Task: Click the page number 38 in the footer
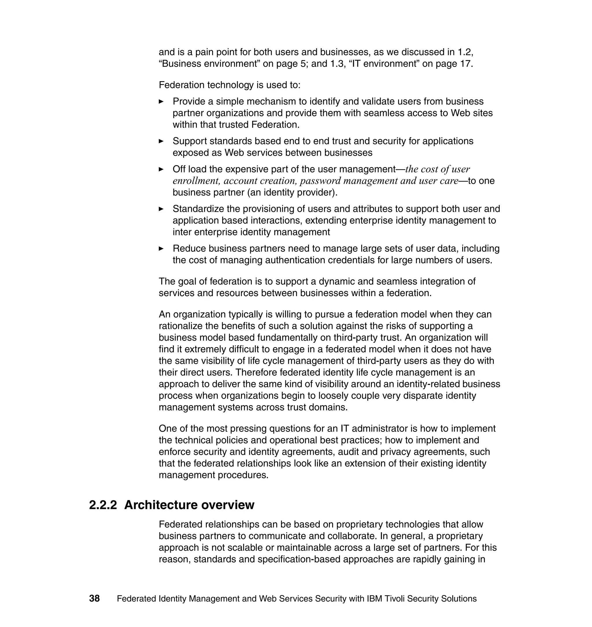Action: pos(94,598)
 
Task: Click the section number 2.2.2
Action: pos(103,505)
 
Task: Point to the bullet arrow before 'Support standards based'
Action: pos(161,141)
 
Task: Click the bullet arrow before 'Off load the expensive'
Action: pos(161,169)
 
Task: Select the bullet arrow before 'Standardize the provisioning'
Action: pos(161,209)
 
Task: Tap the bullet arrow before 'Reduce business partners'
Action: pos(161,249)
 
